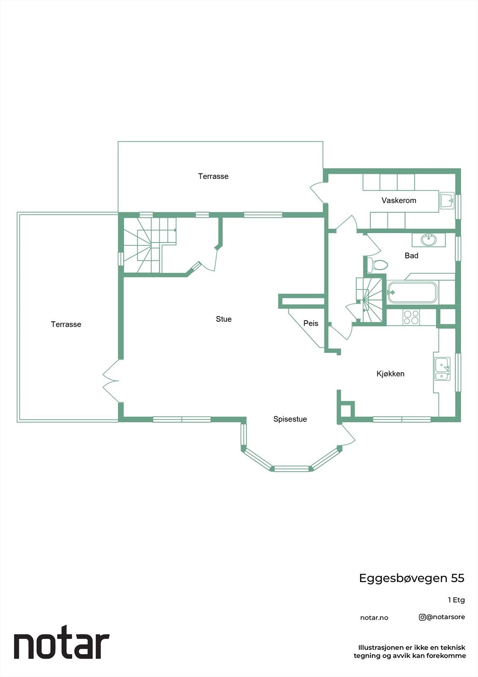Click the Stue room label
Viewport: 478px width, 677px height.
tap(224, 319)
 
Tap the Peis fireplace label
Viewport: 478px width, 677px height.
tap(311, 323)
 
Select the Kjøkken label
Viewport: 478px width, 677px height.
tap(391, 374)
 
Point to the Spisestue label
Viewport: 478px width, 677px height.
tap(290, 419)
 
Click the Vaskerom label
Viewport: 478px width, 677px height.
tap(399, 201)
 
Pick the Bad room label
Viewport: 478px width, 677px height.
tap(411, 255)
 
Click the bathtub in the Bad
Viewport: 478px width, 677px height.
tap(412, 292)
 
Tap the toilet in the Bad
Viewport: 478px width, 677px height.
tap(377, 265)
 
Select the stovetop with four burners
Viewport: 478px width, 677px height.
tap(411, 317)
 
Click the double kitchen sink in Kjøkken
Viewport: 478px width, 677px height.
tap(442, 369)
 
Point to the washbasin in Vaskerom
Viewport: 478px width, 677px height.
tap(446, 200)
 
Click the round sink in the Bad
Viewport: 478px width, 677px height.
tap(429, 239)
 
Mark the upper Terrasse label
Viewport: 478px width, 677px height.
tap(213, 176)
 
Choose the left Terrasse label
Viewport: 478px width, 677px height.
tap(66, 324)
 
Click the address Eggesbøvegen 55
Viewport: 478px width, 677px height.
tap(411, 578)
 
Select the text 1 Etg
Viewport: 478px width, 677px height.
tap(456, 600)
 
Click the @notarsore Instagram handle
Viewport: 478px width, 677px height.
tap(442, 617)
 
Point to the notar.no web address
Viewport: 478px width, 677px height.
tap(374, 618)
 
